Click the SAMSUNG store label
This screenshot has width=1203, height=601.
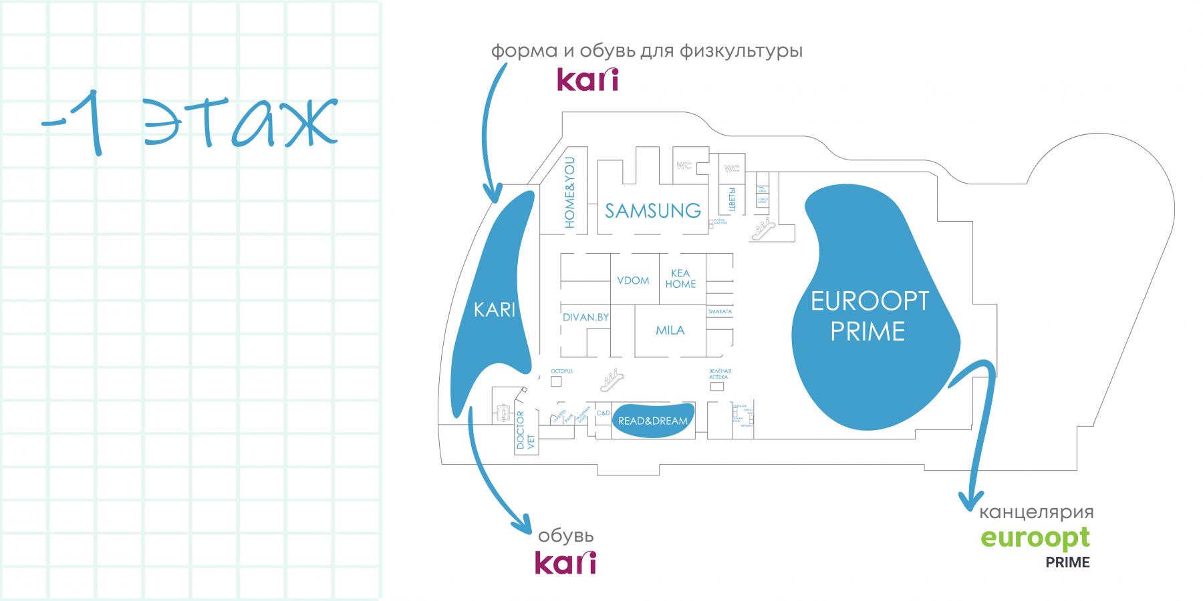point(652,211)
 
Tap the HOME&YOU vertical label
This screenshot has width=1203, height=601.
point(569,193)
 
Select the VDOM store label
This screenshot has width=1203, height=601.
point(633,280)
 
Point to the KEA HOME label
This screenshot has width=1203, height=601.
point(680,279)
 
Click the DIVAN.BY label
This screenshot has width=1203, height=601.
point(585,317)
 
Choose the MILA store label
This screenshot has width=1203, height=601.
point(670,330)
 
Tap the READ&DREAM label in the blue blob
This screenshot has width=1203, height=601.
point(652,421)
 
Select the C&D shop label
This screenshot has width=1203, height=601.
point(603,413)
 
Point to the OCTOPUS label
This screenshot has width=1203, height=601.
point(561,371)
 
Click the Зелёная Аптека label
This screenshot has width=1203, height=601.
point(720,374)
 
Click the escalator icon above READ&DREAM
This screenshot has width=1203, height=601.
point(613,381)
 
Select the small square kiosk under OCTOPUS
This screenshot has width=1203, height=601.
point(556,381)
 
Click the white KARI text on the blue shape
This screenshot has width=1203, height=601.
point(495,311)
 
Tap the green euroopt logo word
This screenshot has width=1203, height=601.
point(1035,538)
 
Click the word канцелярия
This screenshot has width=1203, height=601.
point(1036,513)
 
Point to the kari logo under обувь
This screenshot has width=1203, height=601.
point(565,562)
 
